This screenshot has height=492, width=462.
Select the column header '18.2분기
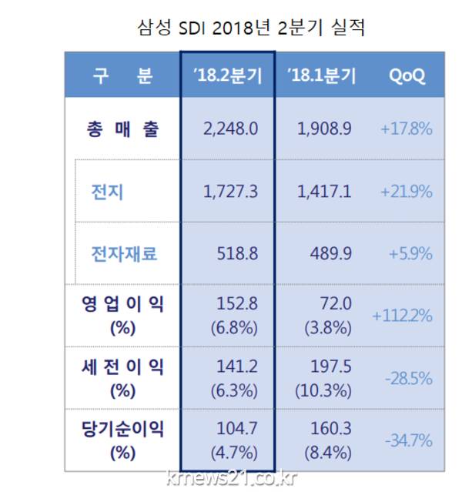tap(227, 76)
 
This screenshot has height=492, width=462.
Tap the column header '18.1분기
tap(321, 76)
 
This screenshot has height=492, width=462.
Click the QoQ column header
tap(406, 76)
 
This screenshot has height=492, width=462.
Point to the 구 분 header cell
tap(122, 76)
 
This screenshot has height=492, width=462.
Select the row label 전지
tap(107, 191)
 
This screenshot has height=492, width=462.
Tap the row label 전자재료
tap(124, 253)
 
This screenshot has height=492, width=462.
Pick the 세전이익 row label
tap(122, 368)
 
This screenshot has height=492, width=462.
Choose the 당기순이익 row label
tap(122, 430)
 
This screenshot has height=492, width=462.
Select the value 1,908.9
tap(324, 129)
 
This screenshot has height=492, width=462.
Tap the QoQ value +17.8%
tap(406, 129)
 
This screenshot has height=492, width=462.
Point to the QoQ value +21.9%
tap(406, 191)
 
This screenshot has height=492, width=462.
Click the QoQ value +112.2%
tap(402, 316)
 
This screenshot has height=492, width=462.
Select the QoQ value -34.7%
tap(408, 441)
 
